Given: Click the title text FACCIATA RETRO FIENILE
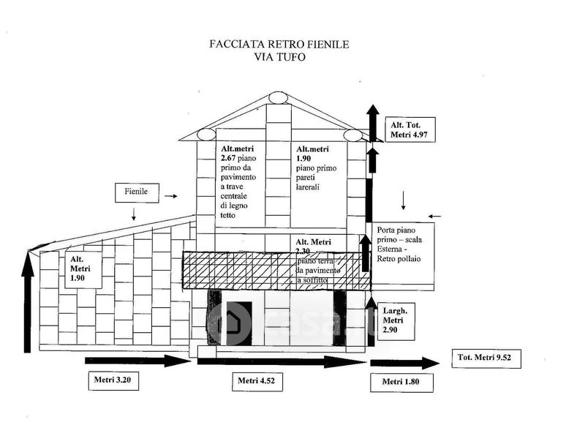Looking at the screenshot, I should pos(279,45).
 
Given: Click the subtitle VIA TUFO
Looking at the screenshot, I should pos(279,58).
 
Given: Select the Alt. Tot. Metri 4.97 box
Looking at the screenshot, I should pos(412,130).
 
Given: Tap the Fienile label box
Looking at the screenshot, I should pos(136,192).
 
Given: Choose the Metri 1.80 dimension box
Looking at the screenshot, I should pos(400,381).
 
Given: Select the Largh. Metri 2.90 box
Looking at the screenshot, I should pos(398,323).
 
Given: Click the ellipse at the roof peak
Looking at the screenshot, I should pos(279,97).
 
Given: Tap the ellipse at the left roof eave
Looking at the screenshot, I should pos(205,135).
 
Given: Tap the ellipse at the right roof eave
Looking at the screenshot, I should pos(352,135).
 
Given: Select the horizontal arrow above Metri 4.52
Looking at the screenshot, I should pos(282,361).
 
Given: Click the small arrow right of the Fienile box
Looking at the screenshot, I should pos(170,196).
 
